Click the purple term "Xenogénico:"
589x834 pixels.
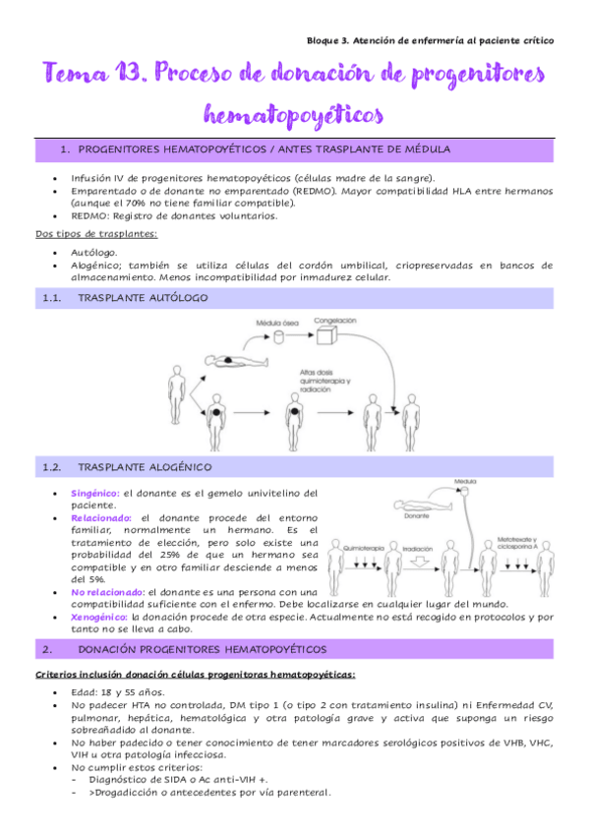click(x=102, y=617)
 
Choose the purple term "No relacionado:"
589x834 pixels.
click(x=108, y=591)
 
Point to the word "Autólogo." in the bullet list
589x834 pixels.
click(x=96, y=252)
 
